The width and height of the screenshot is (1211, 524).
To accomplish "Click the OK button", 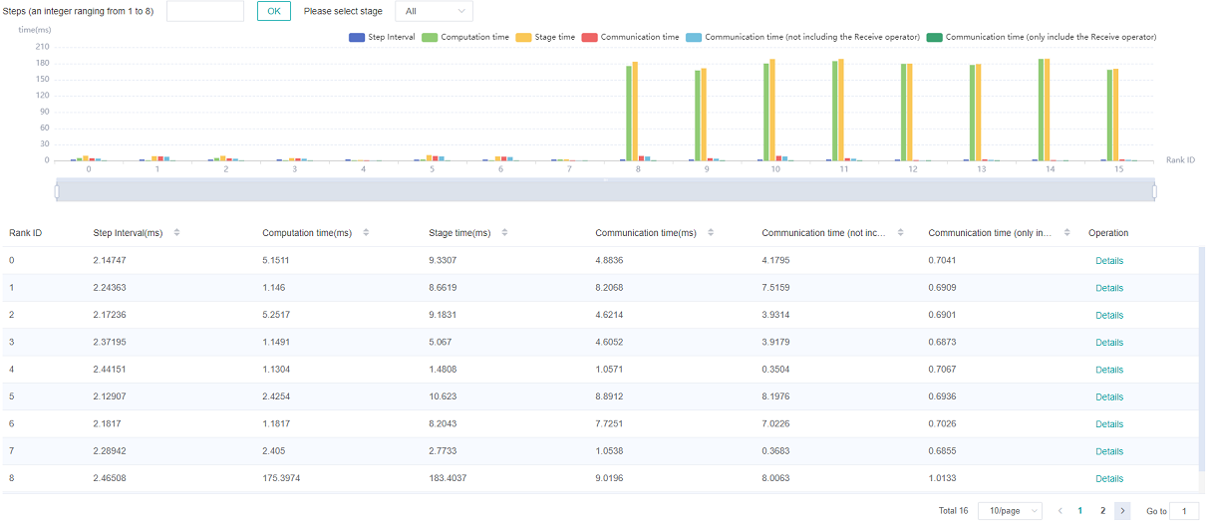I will pos(274,11).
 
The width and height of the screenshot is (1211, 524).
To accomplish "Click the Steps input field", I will pos(205,11).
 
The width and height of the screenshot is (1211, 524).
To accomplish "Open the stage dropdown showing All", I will pos(434,11).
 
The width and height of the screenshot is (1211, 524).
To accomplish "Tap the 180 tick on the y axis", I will pos(42,63).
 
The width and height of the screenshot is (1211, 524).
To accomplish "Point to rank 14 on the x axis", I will pos(1051,169).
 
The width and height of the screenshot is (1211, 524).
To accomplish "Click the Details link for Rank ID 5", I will pos(1108,396).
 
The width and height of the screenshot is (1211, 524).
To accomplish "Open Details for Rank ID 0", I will pos(1108,261).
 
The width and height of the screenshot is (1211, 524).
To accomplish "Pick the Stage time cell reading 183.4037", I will pos(459,478).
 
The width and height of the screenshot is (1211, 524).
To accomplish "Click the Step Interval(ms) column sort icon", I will pos(176,233).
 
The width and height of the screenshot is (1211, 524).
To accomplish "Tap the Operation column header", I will pos(1108,233).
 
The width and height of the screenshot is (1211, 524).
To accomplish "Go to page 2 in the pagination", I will pos(1102,511).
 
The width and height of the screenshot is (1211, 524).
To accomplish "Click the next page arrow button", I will pos(1122,511).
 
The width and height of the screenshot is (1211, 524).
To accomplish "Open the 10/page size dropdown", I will pos(1010,511).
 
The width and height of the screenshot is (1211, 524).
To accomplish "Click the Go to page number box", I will pos(1184,511).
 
